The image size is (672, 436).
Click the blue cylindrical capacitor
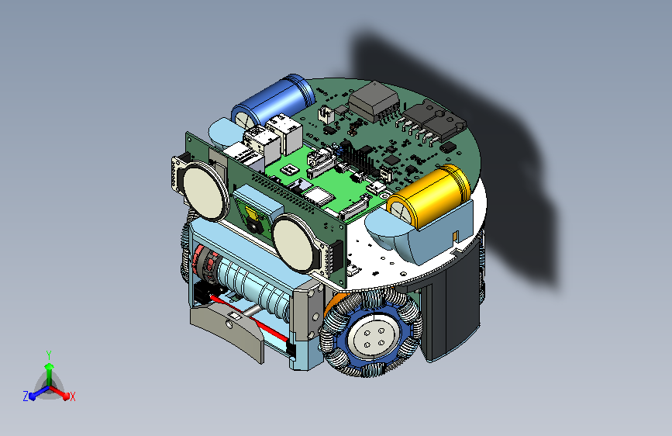[274, 103]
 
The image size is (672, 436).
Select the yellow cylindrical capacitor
[429, 196]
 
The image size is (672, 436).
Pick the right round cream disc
[296, 243]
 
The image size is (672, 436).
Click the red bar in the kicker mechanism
[249, 317]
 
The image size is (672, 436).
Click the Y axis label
[49, 355]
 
